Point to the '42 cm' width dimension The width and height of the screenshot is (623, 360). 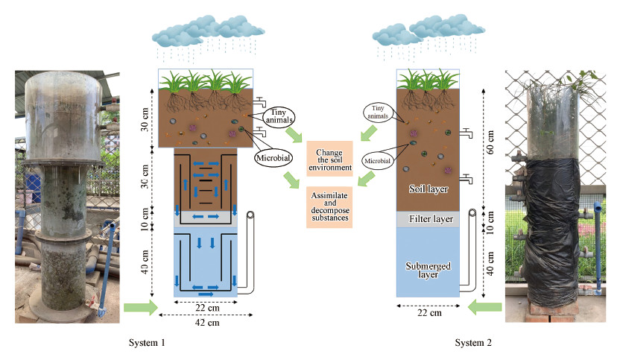pos(206,323)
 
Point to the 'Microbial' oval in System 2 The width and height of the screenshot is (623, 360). pos(379,160)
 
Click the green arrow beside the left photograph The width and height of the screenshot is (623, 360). pos(140,306)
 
